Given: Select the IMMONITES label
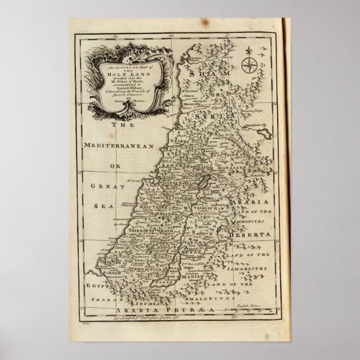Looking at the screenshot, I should (x=253, y=221).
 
